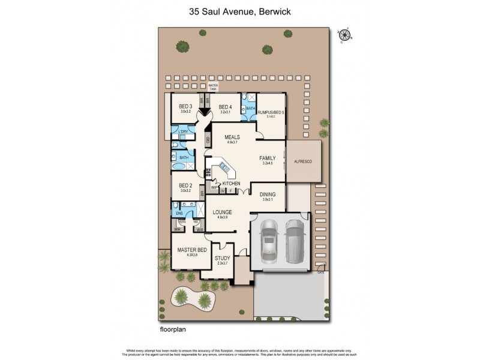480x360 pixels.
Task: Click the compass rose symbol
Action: pyautogui.click(x=344, y=34)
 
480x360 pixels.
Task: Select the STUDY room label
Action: pyautogui.click(x=222, y=259)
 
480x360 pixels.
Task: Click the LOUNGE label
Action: pyautogui.click(x=222, y=212)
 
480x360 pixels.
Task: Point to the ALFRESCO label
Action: pyautogui.click(x=304, y=162)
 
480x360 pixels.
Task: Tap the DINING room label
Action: pyautogui.click(x=267, y=194)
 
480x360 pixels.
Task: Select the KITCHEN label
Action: pyautogui.click(x=232, y=183)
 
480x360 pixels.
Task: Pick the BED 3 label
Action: pyautogui.click(x=185, y=106)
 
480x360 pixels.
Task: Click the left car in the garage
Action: pyautogui.click(x=268, y=240)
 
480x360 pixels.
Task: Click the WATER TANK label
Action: pyautogui.click(x=214, y=86)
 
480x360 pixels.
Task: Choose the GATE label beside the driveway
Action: pyautogui.click(x=320, y=273)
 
